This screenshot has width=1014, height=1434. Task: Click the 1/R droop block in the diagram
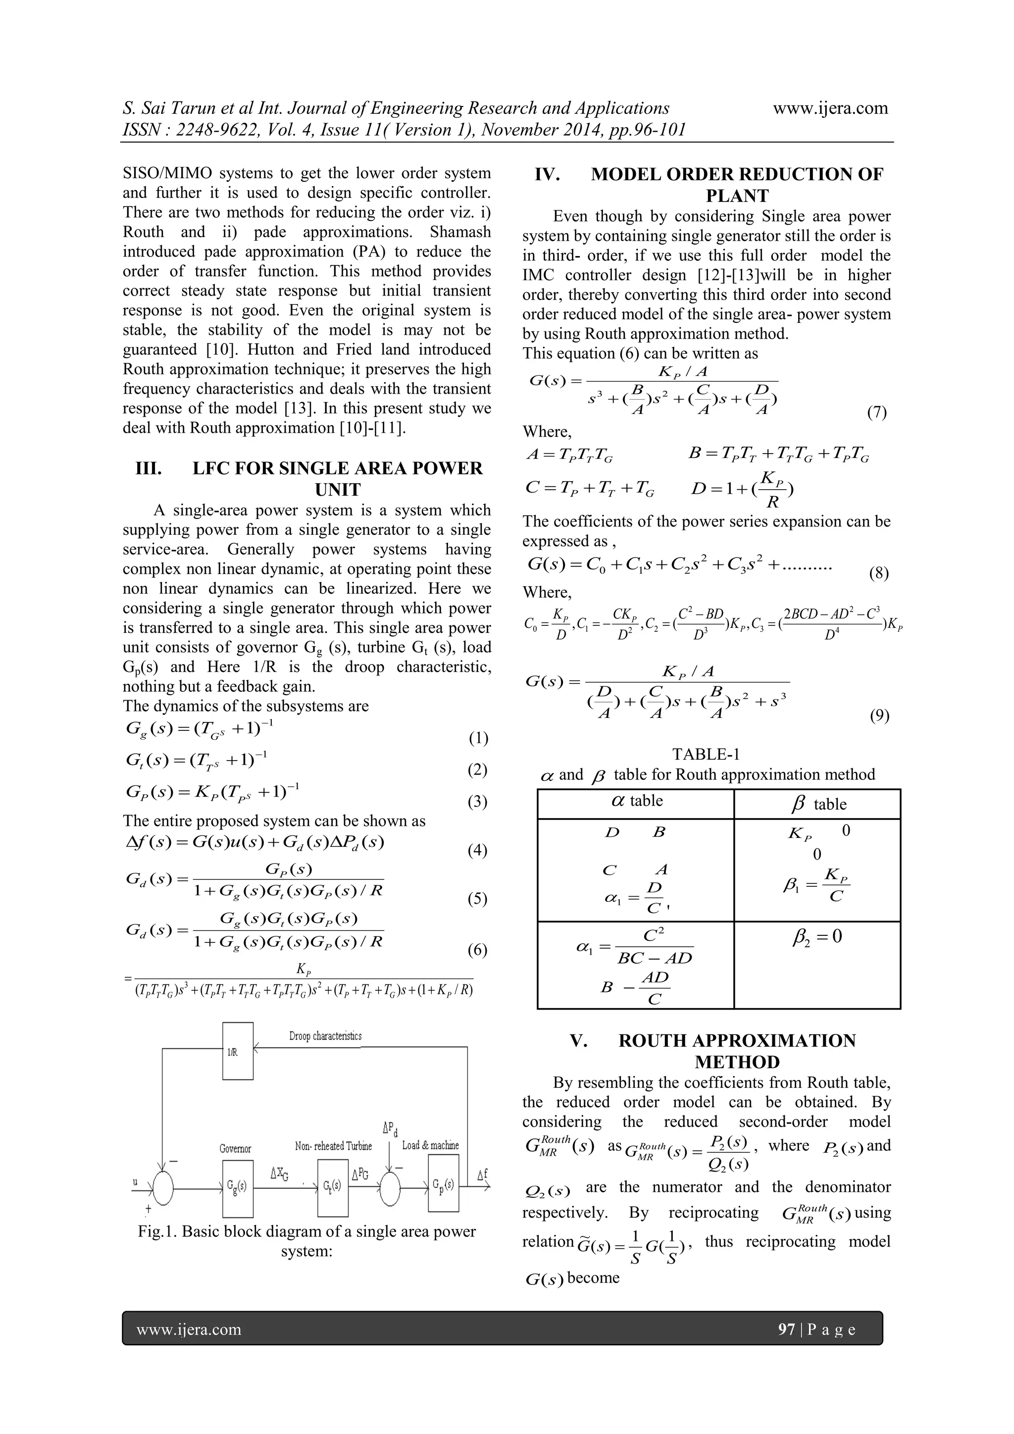(238, 1051)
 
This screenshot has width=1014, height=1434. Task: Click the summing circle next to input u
(163, 1187)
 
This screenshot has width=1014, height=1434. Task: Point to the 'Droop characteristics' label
(325, 1036)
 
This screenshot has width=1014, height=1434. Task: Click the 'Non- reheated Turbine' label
(333, 1146)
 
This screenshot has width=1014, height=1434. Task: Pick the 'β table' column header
(817, 804)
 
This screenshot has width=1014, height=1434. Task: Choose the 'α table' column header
(636, 801)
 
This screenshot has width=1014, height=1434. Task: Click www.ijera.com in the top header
(830, 108)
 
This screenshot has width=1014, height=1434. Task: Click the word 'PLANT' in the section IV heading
(737, 196)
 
